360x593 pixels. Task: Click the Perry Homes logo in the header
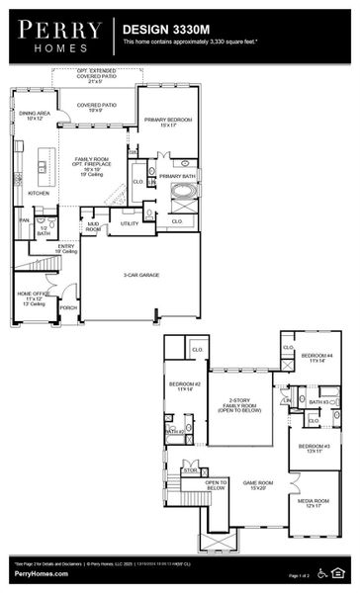click(58, 37)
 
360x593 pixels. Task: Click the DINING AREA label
click(35, 116)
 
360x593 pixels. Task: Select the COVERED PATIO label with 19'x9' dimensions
click(97, 107)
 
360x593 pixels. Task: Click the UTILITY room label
click(130, 224)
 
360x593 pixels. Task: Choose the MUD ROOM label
click(93, 227)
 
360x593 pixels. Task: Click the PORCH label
click(68, 307)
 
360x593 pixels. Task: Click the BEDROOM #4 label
click(317, 358)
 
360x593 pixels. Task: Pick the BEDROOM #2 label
click(184, 385)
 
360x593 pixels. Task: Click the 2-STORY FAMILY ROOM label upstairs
click(238, 406)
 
